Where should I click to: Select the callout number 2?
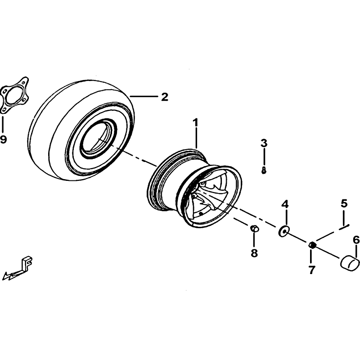[164, 97]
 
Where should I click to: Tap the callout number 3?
[264, 143]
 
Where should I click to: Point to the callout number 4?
[285, 204]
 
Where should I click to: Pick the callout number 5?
[344, 203]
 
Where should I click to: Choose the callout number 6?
[356, 240]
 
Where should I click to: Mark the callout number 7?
[311, 270]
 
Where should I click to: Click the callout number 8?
[254, 253]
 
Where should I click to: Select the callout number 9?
[3, 139]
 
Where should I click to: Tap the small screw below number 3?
[264, 171]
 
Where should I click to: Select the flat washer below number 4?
[283, 230]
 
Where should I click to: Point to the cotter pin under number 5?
[344, 227]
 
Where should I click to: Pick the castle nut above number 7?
[312, 245]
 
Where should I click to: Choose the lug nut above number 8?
[254, 229]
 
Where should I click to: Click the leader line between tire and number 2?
[144, 97]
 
